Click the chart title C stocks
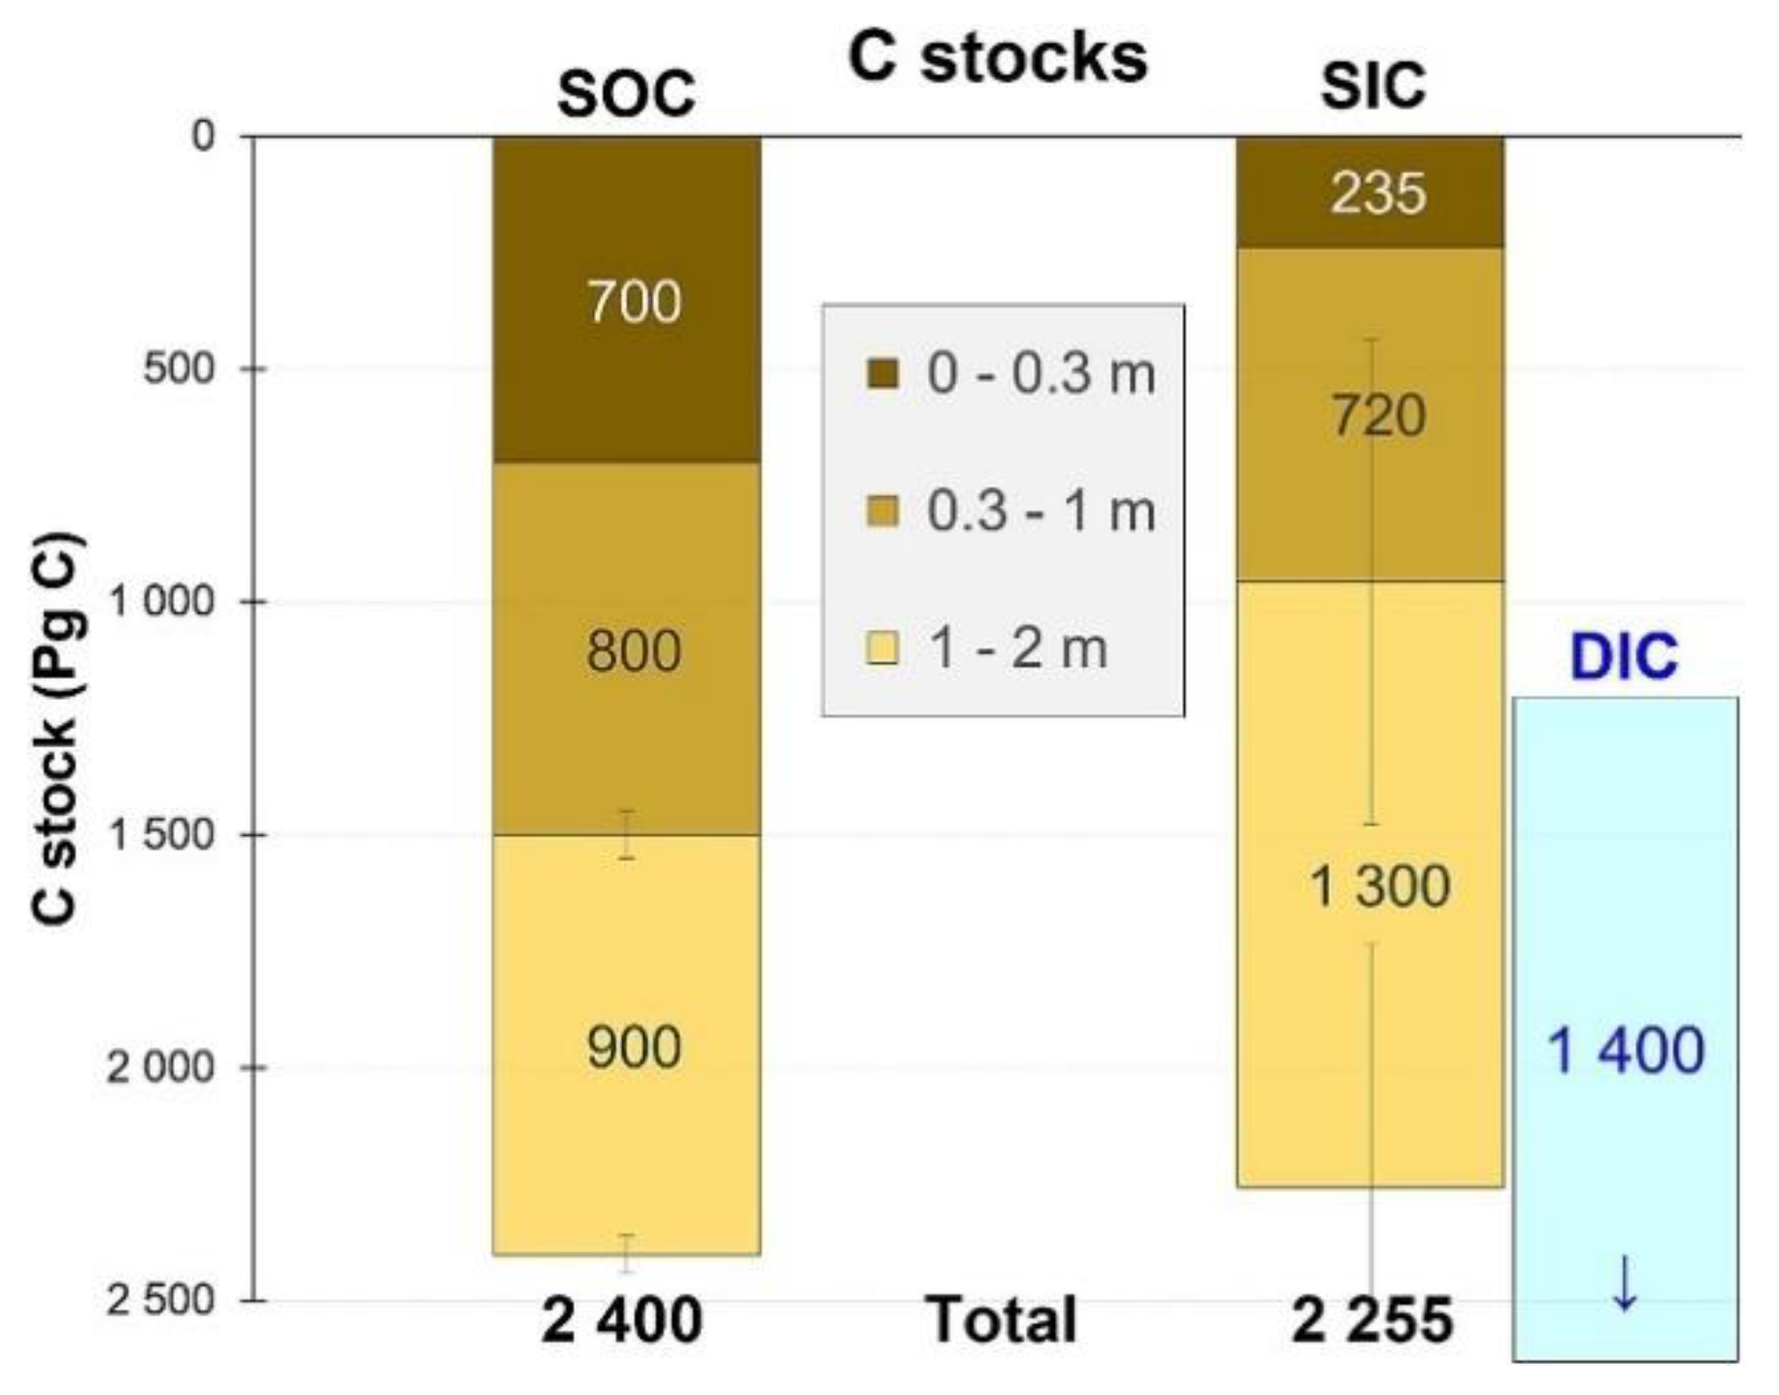pos(997,59)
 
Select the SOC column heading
pos(626,94)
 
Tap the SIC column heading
pos(1372,85)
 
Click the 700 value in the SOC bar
pos(634,302)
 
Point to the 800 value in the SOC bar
pos(634,651)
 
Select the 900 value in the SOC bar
pos(634,1048)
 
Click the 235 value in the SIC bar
pos(1377,193)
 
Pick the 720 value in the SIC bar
pos(1377,416)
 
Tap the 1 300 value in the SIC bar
pos(1379,886)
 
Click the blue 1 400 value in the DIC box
pos(1625,1050)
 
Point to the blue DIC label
pos(1624,657)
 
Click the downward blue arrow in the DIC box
pos(1625,1283)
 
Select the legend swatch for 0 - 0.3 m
pos(882,374)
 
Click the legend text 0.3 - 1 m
pos(1040,512)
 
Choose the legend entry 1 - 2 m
pos(1017,648)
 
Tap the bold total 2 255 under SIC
pos(1371,1321)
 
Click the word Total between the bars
pos(1002,1320)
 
